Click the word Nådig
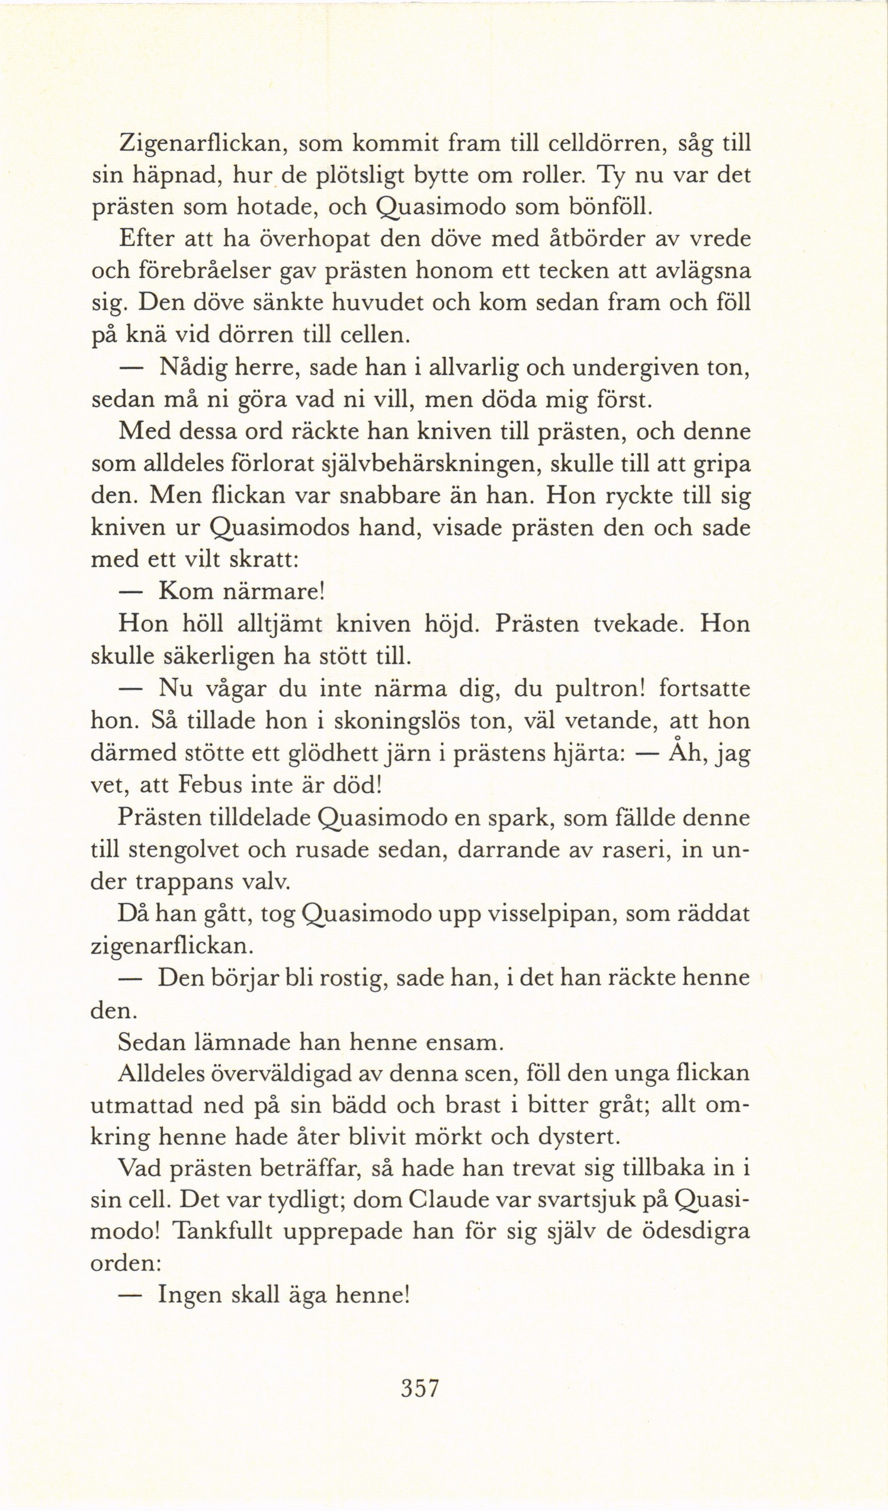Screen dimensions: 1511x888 coord(191,367)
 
